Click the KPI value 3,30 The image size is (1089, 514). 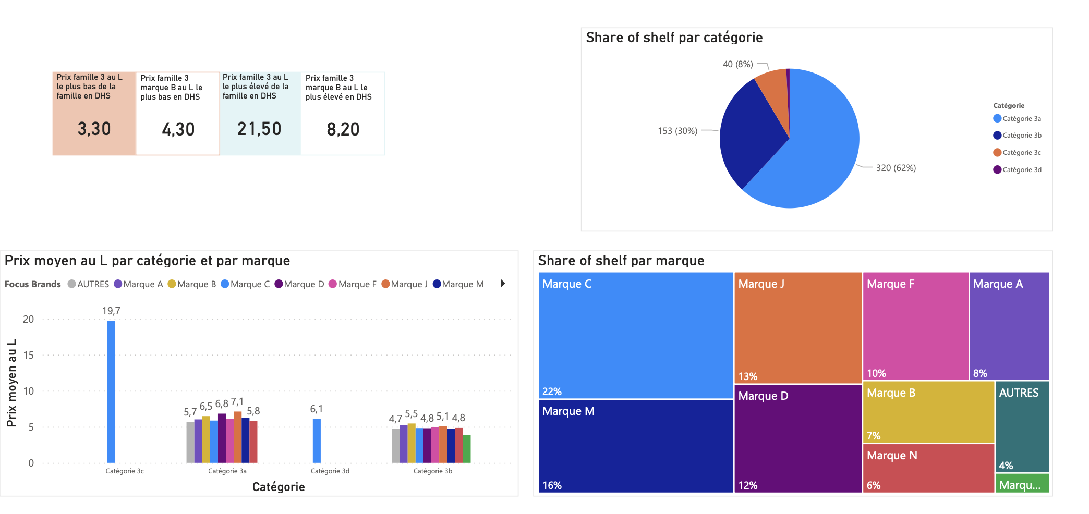click(x=94, y=129)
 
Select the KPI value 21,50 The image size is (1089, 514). click(x=259, y=129)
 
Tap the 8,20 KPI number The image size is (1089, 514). click(x=343, y=129)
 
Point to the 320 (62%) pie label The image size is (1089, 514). click(x=896, y=168)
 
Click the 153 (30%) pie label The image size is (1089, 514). click(x=677, y=131)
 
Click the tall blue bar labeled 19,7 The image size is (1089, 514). click(x=111, y=391)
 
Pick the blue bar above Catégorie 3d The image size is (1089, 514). click(x=317, y=440)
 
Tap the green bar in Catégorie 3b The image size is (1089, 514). click(x=467, y=449)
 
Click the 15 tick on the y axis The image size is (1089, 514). click(x=28, y=355)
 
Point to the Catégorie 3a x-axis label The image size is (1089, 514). click(x=227, y=471)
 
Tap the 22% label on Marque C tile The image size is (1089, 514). click(x=552, y=391)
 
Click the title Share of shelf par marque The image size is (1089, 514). click(x=621, y=261)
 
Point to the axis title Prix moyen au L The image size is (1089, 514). click(x=11, y=383)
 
